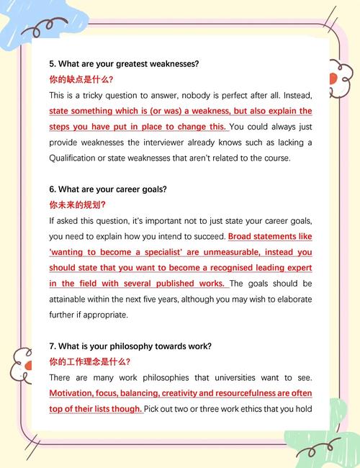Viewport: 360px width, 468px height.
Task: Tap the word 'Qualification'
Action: pos(75,158)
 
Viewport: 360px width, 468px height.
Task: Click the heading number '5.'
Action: pos(53,63)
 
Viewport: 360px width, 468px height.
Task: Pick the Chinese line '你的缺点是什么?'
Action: pos(81,79)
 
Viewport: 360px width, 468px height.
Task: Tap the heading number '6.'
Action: pos(53,189)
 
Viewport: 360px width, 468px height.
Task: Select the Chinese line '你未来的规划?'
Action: pos(77,205)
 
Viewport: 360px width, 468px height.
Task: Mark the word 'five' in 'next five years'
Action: pos(131,300)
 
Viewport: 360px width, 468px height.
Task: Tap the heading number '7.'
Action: pos(53,346)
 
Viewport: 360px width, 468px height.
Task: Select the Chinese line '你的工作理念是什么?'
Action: pos(89,362)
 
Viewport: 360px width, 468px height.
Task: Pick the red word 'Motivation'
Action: pos(74,394)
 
